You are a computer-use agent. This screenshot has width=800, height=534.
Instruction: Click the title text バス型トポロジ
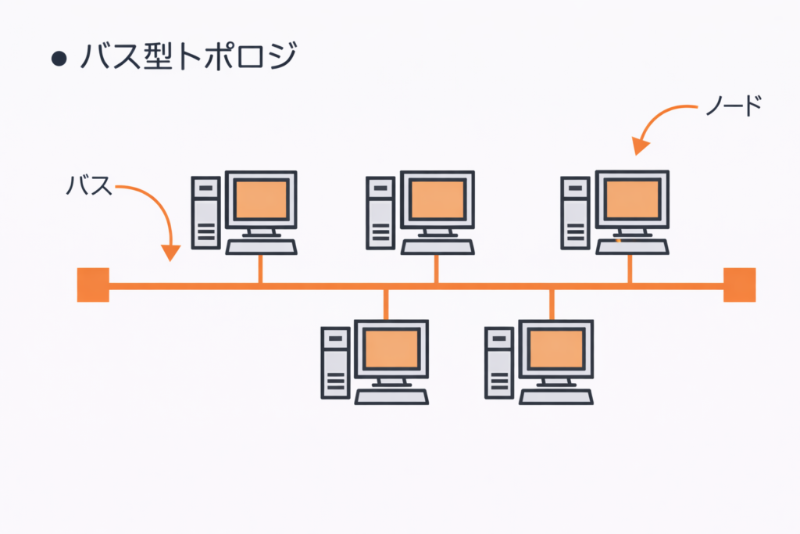point(187,59)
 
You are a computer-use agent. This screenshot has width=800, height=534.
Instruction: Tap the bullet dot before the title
point(57,61)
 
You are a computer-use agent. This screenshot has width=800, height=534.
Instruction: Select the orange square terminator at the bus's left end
point(93,285)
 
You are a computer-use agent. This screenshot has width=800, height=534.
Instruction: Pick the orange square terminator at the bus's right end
point(739,285)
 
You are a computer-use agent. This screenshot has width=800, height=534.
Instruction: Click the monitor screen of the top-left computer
point(261,199)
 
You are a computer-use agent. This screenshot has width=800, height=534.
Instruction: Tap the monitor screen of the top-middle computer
point(437,199)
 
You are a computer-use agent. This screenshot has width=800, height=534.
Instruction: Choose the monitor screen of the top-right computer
point(632,199)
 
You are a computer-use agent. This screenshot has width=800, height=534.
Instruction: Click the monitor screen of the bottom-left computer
point(391,348)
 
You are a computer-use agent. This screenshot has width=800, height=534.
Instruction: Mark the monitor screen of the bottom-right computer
point(555,348)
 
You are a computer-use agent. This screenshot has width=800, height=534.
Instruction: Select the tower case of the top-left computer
point(206,213)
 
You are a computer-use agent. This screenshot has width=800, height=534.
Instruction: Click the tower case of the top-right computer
point(576,213)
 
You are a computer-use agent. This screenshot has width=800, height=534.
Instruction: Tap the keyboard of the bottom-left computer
point(391,396)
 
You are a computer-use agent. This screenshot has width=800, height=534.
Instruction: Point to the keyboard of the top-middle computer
point(437,247)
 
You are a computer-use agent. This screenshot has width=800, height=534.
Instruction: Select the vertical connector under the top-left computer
point(261,269)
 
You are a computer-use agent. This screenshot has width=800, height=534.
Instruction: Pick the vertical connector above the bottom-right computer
point(552,303)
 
